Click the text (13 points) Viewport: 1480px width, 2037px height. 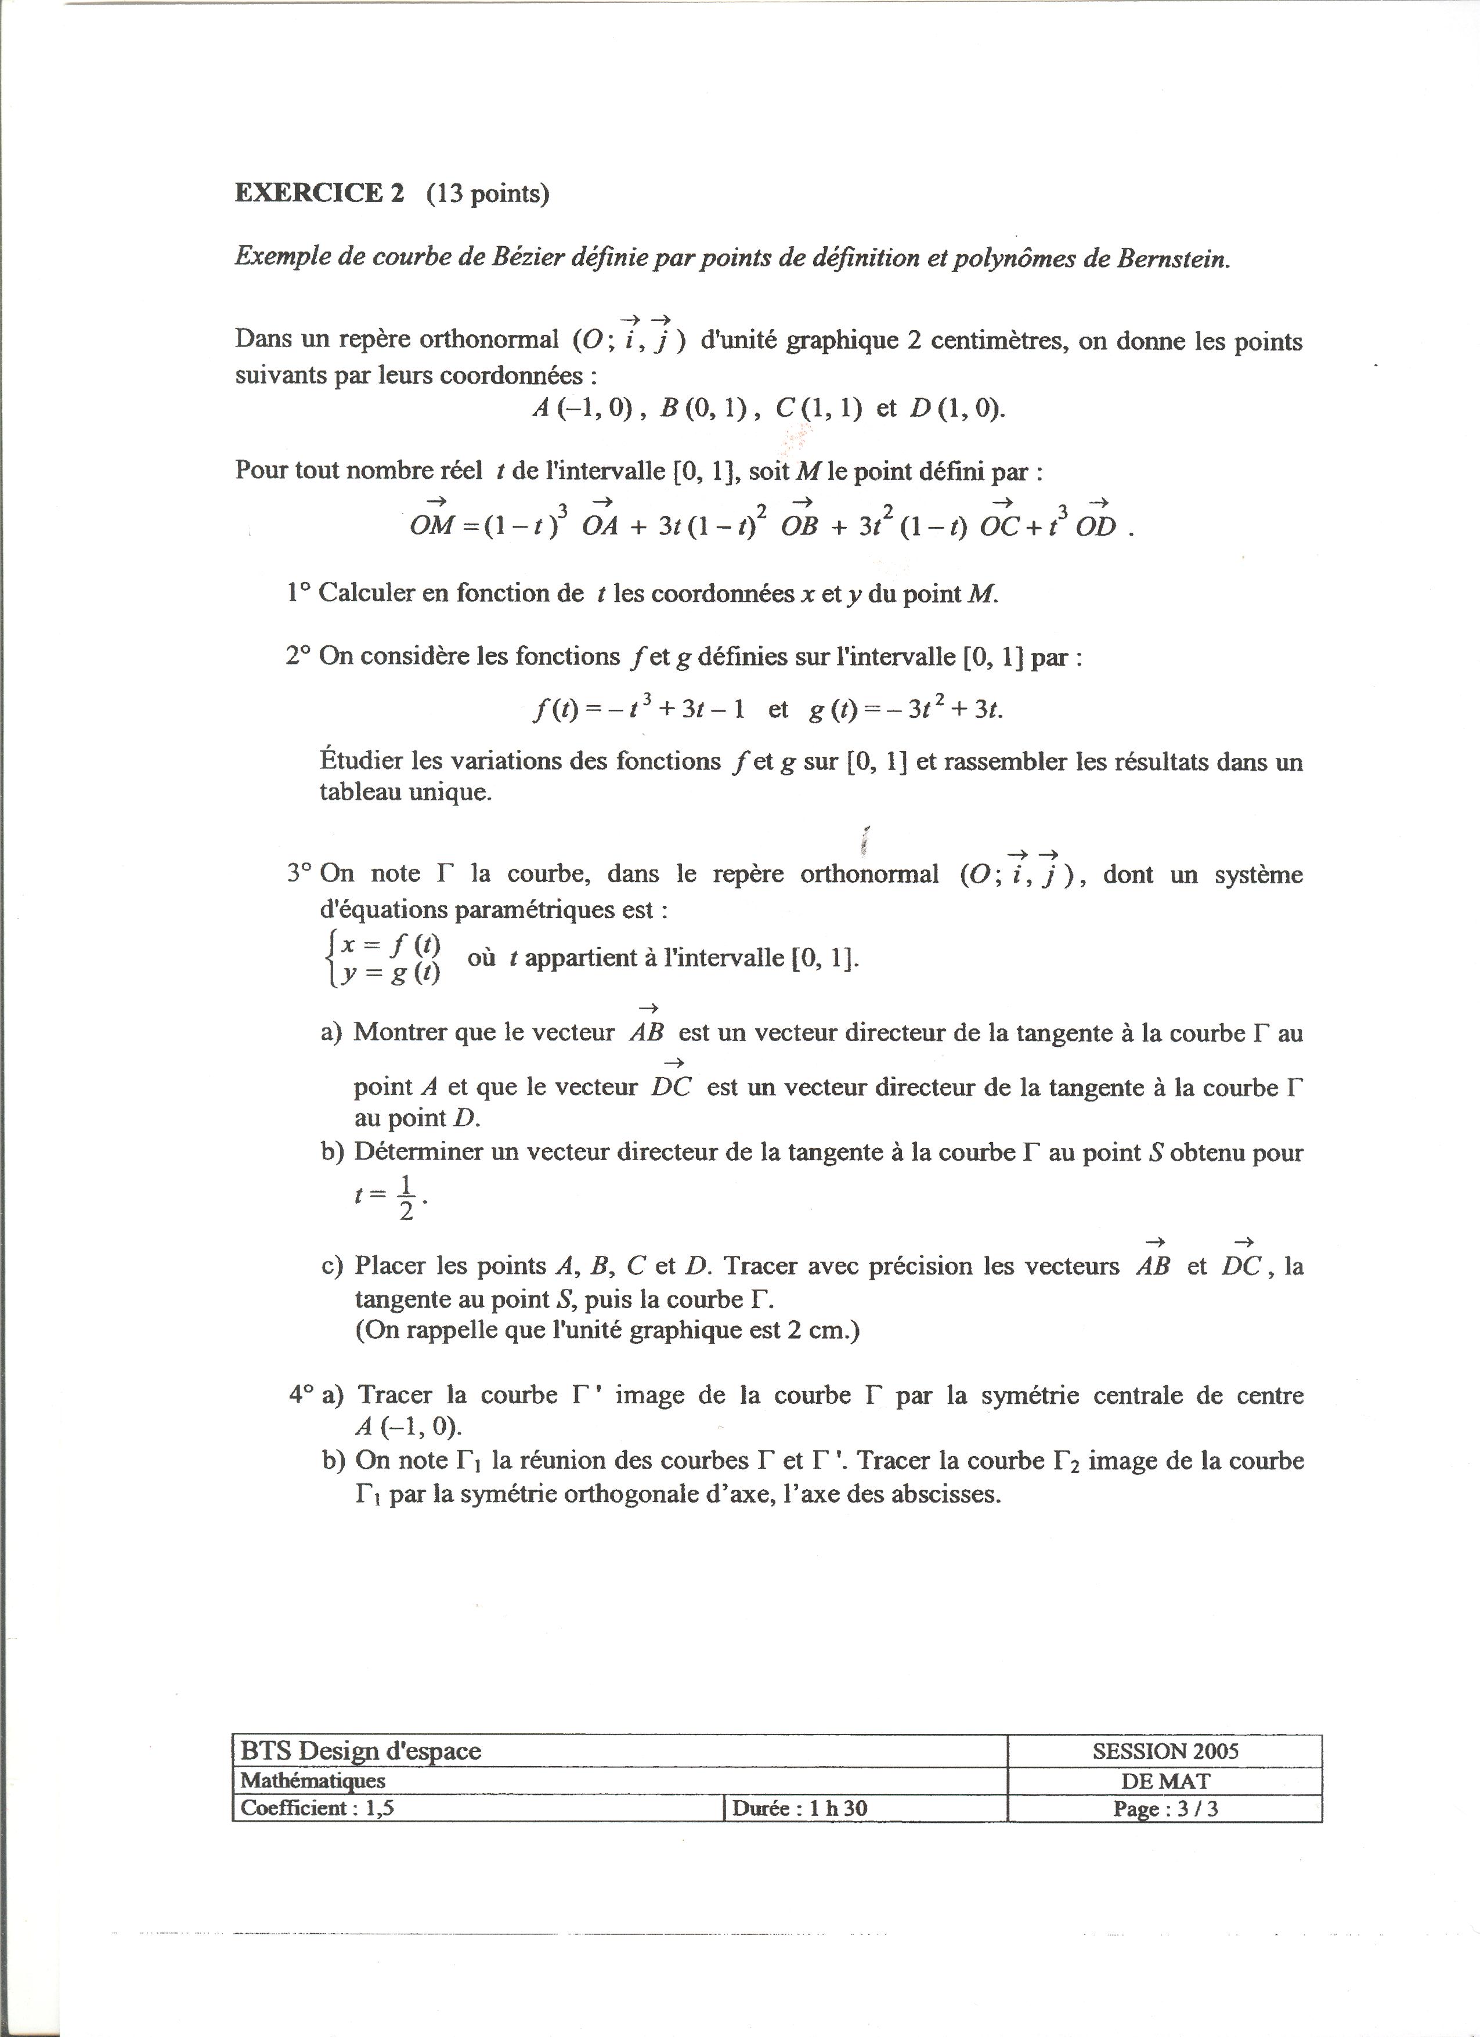[487, 193]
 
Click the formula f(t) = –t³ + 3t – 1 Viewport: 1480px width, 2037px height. [638, 710]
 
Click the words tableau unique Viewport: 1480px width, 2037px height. [406, 793]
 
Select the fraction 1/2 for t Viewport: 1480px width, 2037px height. [406, 1197]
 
